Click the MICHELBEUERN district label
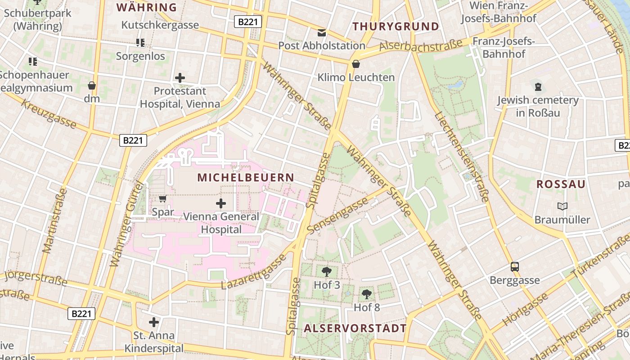click(x=246, y=178)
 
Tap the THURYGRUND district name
click(x=396, y=27)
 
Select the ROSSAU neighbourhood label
click(x=561, y=184)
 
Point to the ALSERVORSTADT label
click(x=355, y=328)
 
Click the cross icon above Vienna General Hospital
click(x=221, y=203)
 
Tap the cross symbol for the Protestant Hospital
click(x=180, y=78)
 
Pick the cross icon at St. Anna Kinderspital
click(x=154, y=322)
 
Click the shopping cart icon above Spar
click(x=163, y=198)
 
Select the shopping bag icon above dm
click(x=92, y=85)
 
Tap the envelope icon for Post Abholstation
click(x=322, y=32)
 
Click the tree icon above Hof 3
click(x=327, y=271)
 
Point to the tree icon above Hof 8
click(x=367, y=294)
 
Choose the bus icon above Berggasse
click(x=515, y=267)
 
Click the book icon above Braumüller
click(x=562, y=207)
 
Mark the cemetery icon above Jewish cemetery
click(x=538, y=86)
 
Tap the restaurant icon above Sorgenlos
click(x=140, y=43)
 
